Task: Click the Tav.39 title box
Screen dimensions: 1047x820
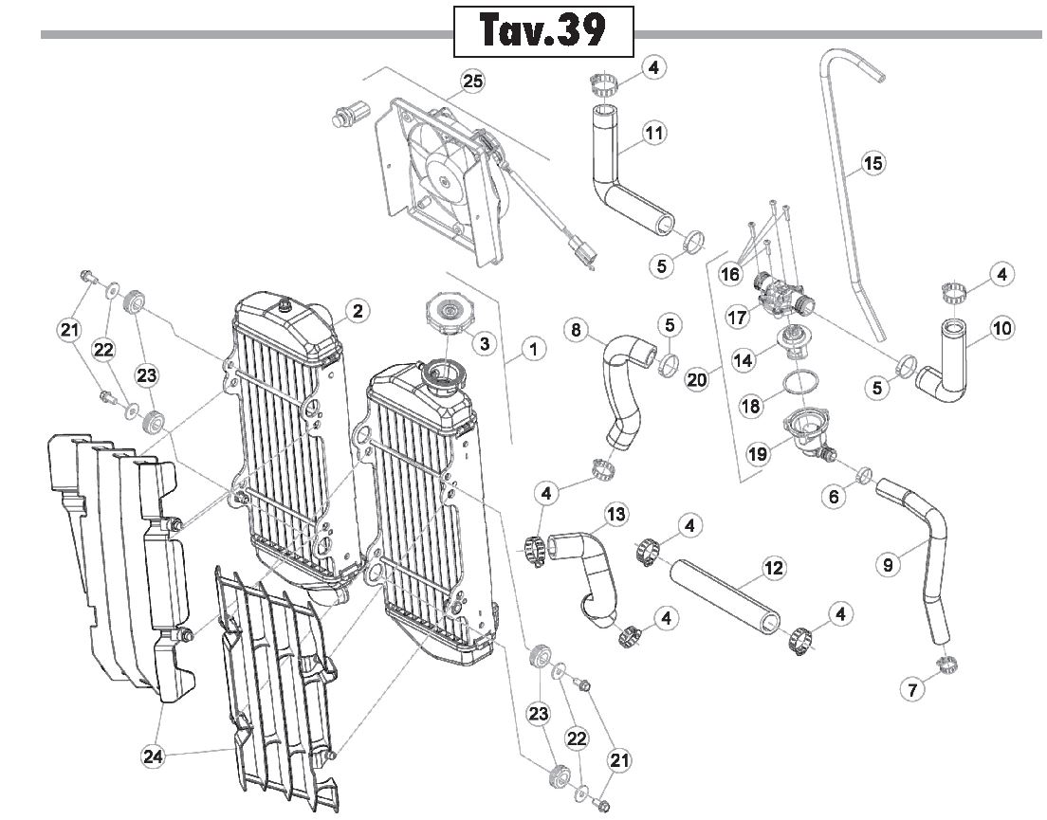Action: (543, 30)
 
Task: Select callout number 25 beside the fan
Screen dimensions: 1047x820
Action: (472, 82)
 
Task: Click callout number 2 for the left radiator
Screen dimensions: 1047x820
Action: (358, 310)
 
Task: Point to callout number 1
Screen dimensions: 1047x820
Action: (533, 348)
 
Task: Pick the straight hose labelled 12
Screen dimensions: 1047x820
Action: (726, 595)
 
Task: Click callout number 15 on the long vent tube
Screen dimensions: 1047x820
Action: (872, 163)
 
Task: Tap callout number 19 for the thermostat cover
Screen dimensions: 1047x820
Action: (757, 454)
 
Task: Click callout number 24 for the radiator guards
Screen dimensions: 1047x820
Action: (153, 756)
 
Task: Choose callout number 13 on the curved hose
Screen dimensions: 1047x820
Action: (615, 515)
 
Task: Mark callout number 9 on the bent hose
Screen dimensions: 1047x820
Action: (888, 566)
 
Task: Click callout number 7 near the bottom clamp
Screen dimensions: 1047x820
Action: (912, 688)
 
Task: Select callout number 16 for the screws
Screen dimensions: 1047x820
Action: (730, 274)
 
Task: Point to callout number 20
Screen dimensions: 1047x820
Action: (696, 379)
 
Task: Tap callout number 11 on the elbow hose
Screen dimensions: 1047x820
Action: (653, 134)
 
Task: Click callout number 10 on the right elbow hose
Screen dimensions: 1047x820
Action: (1001, 328)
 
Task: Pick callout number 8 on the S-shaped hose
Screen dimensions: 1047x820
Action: (577, 330)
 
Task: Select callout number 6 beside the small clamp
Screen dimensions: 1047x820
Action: (834, 496)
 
